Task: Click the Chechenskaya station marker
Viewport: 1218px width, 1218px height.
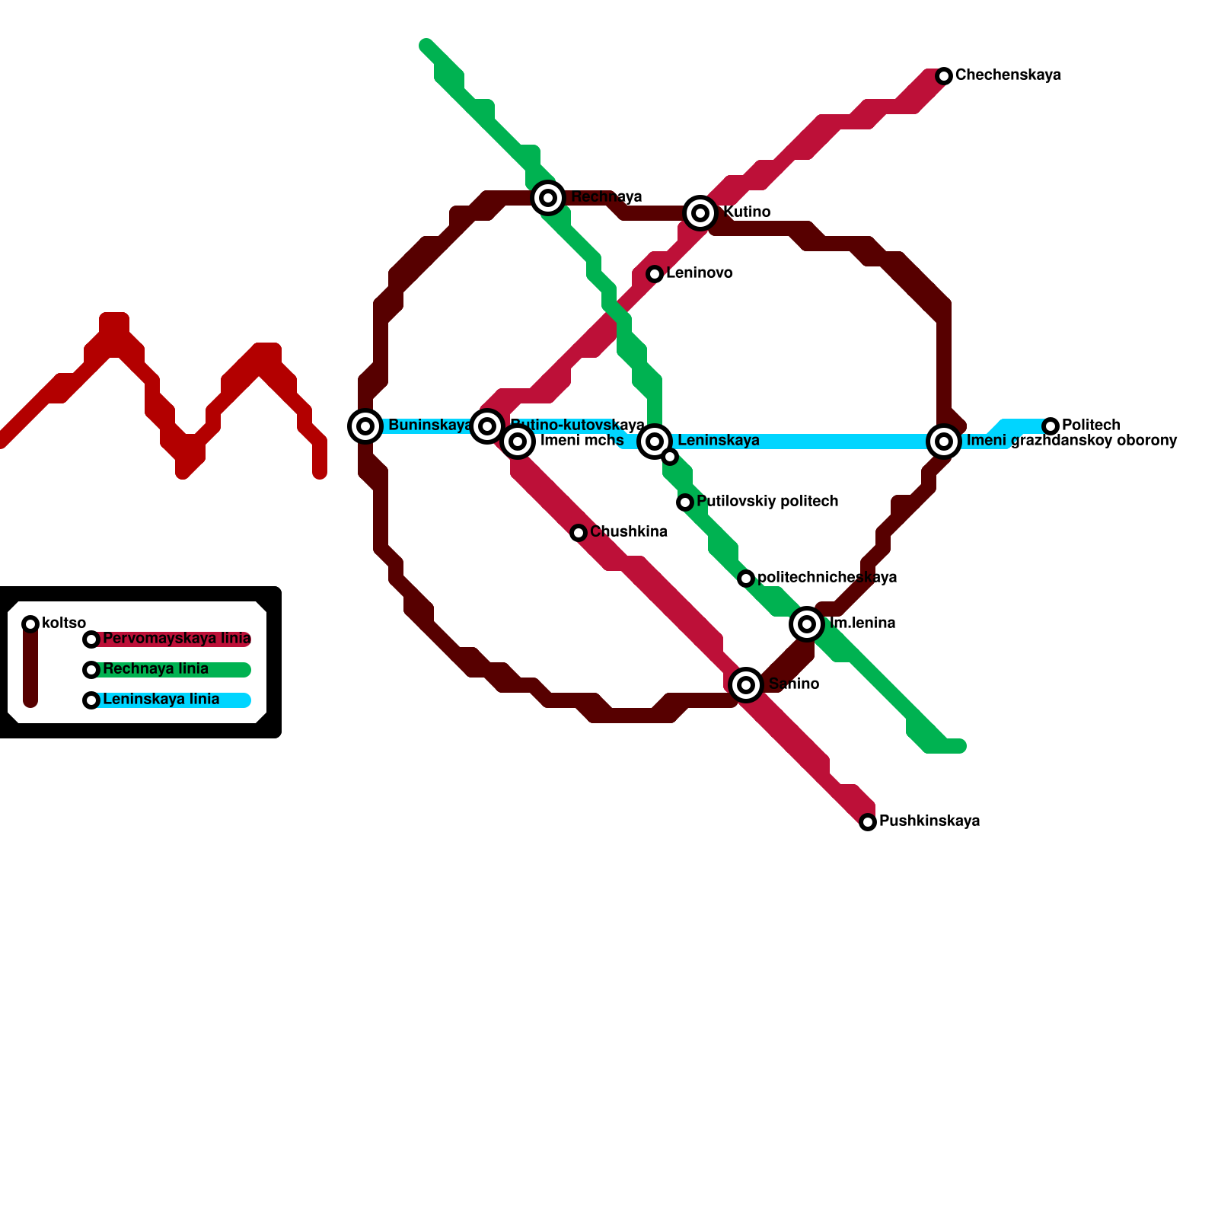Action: [x=944, y=75]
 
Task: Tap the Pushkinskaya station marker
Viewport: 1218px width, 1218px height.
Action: [x=868, y=821]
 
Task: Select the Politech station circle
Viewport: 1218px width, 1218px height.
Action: [x=1051, y=426]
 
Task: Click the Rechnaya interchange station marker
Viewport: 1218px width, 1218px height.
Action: [x=548, y=198]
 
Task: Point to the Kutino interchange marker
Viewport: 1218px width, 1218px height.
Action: [x=700, y=213]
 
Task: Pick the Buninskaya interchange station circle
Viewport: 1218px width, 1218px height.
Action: [x=365, y=426]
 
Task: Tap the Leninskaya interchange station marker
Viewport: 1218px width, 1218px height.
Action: [x=655, y=441]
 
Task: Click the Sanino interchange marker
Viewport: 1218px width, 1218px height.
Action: [x=746, y=684]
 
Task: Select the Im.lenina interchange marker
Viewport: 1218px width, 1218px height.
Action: [x=807, y=623]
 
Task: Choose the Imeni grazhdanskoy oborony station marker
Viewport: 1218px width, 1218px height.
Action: [x=944, y=441]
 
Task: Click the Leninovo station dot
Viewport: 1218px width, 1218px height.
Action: [x=655, y=273]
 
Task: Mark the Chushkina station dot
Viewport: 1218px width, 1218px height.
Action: [x=579, y=532]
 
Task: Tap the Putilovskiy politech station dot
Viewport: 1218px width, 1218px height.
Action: [x=685, y=502]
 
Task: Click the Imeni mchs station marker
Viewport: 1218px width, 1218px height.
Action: [x=518, y=441]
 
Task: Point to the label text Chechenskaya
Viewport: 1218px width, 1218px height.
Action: [x=1007, y=75]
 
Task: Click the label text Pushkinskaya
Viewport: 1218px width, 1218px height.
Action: [x=929, y=821]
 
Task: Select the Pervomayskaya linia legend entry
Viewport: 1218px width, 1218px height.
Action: [x=177, y=639]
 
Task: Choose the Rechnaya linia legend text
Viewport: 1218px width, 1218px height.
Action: [x=155, y=669]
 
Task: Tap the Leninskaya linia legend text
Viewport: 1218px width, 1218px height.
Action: [x=161, y=700]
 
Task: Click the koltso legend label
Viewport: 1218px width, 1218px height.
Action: [x=64, y=623]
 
